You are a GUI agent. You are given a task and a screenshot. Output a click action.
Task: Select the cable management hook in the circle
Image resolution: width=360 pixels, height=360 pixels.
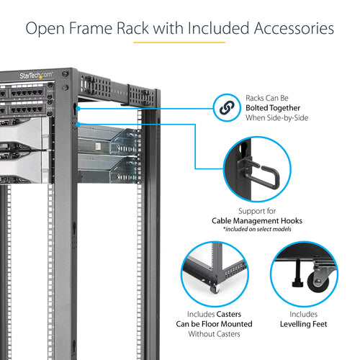tap(254, 175)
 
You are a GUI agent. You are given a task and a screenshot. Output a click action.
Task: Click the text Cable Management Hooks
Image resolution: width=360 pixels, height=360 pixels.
tap(257, 221)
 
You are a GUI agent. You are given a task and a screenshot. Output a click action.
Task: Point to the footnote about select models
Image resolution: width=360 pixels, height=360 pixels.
tap(257, 230)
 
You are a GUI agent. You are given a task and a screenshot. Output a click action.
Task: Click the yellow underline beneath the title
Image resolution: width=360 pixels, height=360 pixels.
tap(179, 42)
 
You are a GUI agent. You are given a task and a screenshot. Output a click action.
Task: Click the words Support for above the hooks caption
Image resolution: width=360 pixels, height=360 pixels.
tap(257, 210)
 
